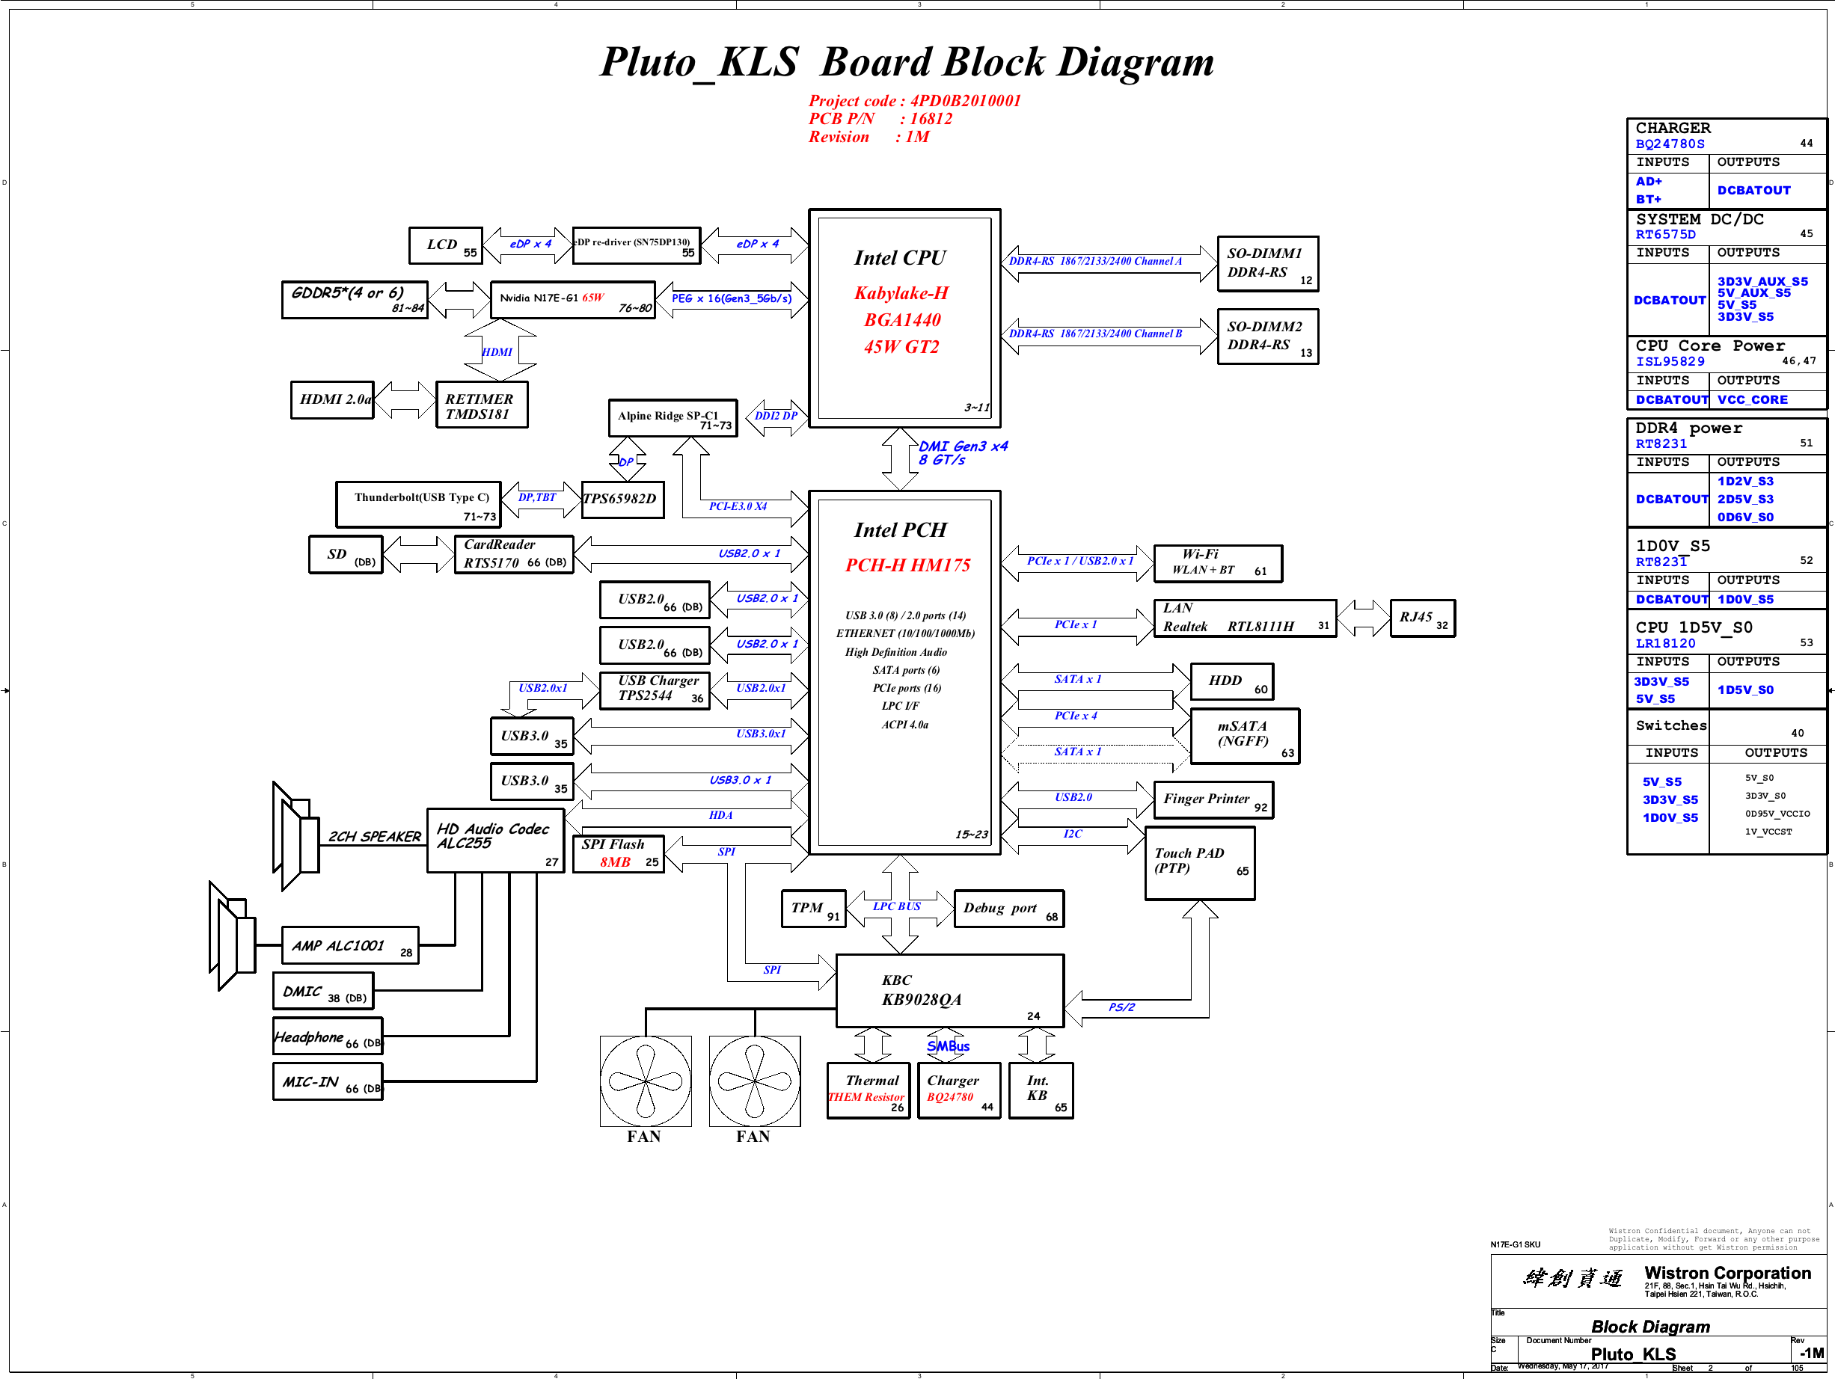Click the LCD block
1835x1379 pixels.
coord(446,245)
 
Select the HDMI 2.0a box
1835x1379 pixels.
coord(333,399)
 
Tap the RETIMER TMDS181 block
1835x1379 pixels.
coord(481,405)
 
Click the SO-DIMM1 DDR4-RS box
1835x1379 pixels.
coord(1266,264)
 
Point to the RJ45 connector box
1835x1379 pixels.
coord(1422,618)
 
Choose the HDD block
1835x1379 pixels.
coord(1231,681)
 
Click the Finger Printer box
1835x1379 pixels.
coord(1212,800)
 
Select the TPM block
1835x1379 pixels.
coord(812,909)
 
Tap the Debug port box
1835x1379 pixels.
coord(1008,909)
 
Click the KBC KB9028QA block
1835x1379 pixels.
coord(949,991)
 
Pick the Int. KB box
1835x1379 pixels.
coord(1041,1090)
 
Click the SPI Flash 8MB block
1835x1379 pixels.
coord(618,854)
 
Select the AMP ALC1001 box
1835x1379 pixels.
coord(349,946)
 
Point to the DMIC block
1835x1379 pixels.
coord(322,992)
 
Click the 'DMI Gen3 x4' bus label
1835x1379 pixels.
coord(962,447)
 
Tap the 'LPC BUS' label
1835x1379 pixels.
coord(896,906)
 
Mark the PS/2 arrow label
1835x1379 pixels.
coord(1121,1007)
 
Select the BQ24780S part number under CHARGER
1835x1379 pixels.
coord(1669,144)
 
